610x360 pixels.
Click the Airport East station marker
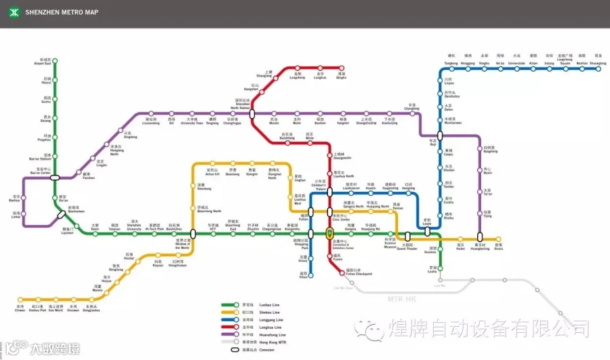[55, 60]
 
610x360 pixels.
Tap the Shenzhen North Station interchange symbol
[251, 114]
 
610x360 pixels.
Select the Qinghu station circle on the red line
[342, 68]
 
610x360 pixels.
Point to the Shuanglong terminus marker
[598, 67]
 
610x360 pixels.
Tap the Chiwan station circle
[20, 299]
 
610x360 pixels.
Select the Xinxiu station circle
[500, 239]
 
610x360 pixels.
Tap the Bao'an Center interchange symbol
[55, 178]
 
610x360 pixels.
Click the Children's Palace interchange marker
[329, 192]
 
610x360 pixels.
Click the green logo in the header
[12, 12]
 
